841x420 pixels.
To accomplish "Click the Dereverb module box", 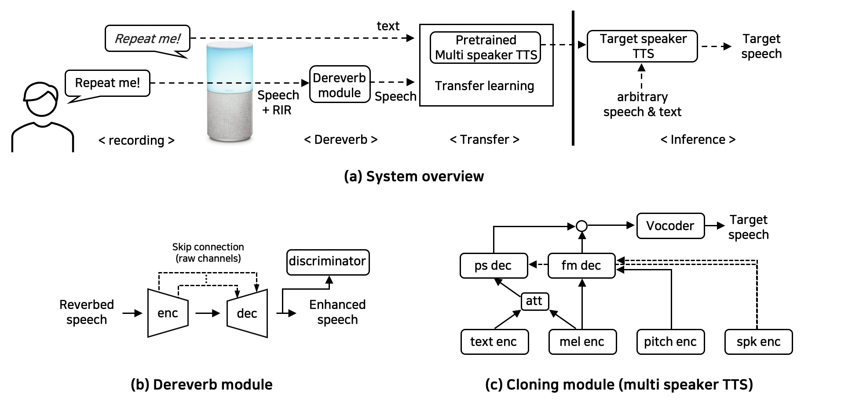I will pos(340,85).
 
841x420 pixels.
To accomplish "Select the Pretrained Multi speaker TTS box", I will pos(485,48).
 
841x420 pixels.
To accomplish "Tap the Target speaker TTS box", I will pos(642,46).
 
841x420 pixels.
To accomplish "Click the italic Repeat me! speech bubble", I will pos(147,39).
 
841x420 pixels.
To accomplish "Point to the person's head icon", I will pos(40,99).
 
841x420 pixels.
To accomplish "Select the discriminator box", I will pos(328,262).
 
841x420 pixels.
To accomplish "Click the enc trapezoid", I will pos(168,313).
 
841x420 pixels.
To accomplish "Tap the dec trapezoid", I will pos(247,313).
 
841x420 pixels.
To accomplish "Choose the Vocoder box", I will pos(670,226).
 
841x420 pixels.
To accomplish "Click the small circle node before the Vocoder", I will pos(581,226).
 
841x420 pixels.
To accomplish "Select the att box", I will pos(534,301).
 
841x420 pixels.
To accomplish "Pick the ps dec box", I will pos(494,265).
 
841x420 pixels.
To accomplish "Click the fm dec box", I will pos(581,265).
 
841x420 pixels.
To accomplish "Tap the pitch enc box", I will pos(670,342).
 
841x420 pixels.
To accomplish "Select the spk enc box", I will pos(758,342).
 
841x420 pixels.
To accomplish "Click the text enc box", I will pos(494,342).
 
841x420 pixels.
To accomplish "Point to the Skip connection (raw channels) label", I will pos(208,253).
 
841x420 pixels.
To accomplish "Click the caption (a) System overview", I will pos(413,177).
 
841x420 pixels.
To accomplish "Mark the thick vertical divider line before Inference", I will pos(573,79).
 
